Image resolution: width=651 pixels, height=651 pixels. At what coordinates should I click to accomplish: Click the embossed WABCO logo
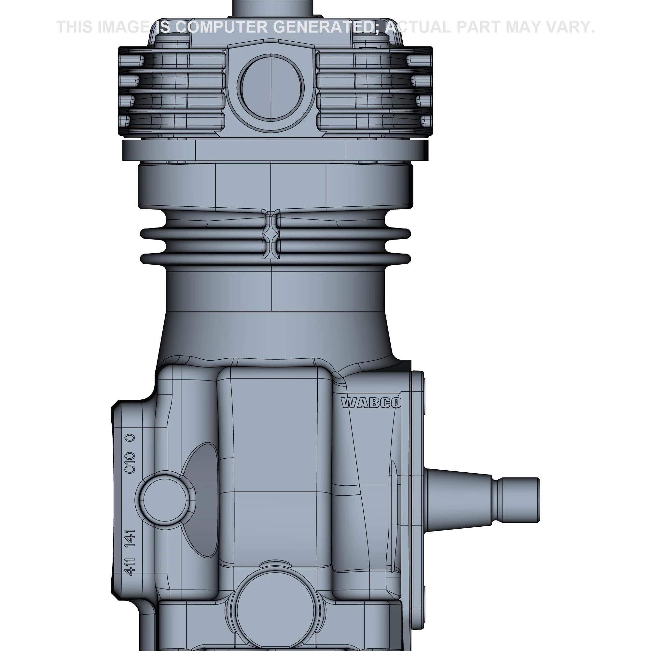[x=371, y=403]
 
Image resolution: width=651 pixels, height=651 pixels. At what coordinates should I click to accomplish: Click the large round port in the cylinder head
[x=271, y=87]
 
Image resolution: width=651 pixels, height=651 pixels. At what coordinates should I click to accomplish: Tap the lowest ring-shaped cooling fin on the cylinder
[x=275, y=259]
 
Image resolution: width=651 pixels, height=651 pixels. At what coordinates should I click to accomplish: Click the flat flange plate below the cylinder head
[x=275, y=150]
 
